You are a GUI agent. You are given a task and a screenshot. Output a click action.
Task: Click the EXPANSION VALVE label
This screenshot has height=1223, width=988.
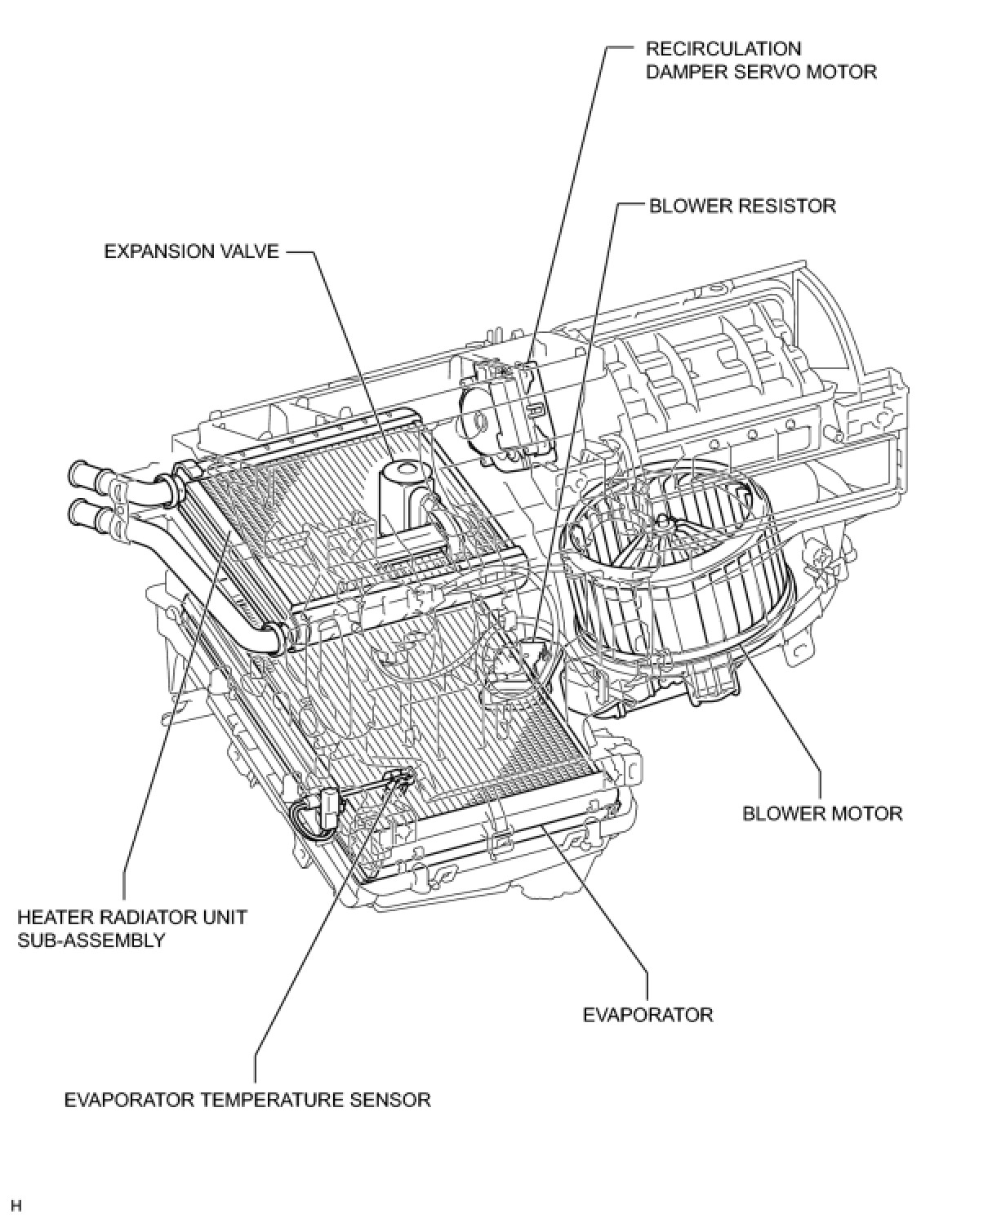191,251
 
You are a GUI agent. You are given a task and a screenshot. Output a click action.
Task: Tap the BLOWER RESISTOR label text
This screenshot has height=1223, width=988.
742,205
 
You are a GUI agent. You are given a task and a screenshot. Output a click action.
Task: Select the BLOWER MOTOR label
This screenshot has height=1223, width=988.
822,813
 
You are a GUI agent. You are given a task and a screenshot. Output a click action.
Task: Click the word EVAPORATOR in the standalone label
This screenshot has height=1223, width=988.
648,1015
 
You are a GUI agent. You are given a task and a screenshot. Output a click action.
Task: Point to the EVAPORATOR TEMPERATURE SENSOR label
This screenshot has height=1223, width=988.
247,1100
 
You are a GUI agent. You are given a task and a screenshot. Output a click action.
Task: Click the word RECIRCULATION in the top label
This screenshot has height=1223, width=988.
723,49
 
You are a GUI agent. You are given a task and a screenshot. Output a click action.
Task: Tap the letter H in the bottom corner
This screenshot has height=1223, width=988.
16,1205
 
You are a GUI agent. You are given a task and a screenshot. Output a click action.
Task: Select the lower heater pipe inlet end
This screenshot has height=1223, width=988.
79,514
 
